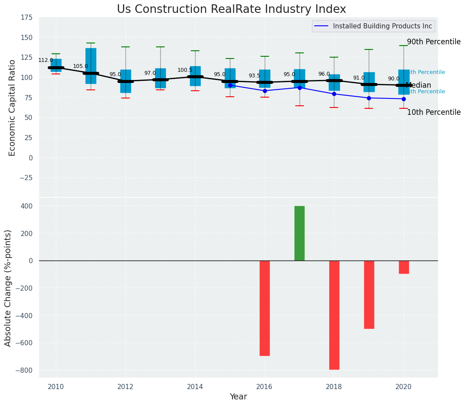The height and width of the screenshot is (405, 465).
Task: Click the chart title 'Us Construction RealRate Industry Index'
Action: (231, 9)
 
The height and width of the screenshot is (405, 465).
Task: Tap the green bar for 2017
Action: (300, 233)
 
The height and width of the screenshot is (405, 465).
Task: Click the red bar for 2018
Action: (334, 315)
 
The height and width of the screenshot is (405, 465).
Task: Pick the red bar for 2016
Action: (265, 308)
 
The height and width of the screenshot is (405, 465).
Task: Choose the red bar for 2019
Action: (369, 295)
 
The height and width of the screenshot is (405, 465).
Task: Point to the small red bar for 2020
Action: (404, 267)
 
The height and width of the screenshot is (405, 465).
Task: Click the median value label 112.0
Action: (46, 61)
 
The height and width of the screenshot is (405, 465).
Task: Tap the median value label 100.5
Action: (185, 71)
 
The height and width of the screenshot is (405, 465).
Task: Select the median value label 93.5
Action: (254, 76)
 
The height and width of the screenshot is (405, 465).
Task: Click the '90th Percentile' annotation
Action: (433, 42)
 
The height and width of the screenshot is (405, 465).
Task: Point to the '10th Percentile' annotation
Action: (433, 113)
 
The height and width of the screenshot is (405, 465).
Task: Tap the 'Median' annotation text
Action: (418, 86)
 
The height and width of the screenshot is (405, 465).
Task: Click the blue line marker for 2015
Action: (230, 85)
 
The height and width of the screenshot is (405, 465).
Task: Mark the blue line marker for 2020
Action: (404, 99)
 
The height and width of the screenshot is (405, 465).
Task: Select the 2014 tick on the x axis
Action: (195, 387)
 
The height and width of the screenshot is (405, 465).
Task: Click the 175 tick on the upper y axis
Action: (26, 17)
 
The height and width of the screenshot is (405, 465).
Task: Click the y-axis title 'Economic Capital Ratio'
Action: (12, 107)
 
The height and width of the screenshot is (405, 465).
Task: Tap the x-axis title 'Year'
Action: (238, 397)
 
